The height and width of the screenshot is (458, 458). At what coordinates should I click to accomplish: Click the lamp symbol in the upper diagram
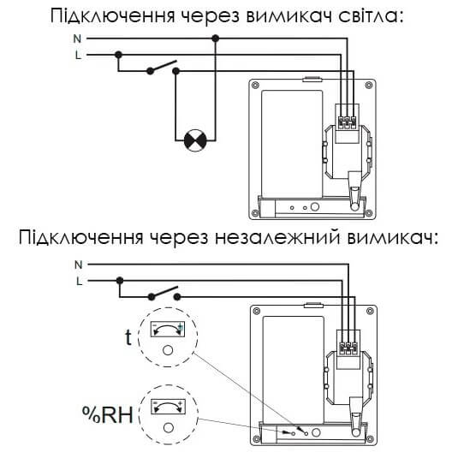(x=195, y=140)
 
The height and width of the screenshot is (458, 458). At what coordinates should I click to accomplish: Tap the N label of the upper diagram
(x=77, y=39)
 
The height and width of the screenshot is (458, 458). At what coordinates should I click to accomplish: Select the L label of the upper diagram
(x=78, y=55)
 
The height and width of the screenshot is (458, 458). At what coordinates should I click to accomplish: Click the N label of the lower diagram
(x=78, y=265)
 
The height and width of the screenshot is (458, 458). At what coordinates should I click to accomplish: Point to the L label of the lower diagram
(x=79, y=281)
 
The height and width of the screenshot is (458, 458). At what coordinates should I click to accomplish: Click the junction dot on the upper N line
(x=216, y=39)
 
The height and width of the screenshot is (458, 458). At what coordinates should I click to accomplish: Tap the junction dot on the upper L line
(x=118, y=55)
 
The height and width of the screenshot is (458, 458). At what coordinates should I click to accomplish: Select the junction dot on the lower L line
(x=120, y=281)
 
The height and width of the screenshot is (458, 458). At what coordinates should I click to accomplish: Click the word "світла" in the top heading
(x=371, y=15)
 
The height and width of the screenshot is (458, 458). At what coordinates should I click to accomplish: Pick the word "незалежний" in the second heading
(x=277, y=238)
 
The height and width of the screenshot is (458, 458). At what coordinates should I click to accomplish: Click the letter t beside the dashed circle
(x=128, y=337)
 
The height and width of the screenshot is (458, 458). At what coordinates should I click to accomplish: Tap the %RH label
(x=108, y=414)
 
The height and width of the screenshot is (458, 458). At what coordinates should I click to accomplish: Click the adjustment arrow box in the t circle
(x=168, y=330)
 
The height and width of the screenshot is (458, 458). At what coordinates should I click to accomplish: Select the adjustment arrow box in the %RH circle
(x=169, y=407)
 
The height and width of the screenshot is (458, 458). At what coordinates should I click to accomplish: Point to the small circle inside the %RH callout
(x=169, y=428)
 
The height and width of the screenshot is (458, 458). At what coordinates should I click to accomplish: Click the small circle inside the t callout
(x=168, y=350)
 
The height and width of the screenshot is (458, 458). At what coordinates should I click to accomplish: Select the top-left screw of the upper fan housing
(x=255, y=86)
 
